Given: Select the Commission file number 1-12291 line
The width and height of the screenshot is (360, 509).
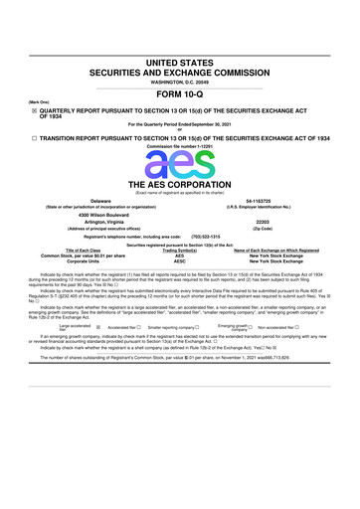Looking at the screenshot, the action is tap(180, 146).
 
